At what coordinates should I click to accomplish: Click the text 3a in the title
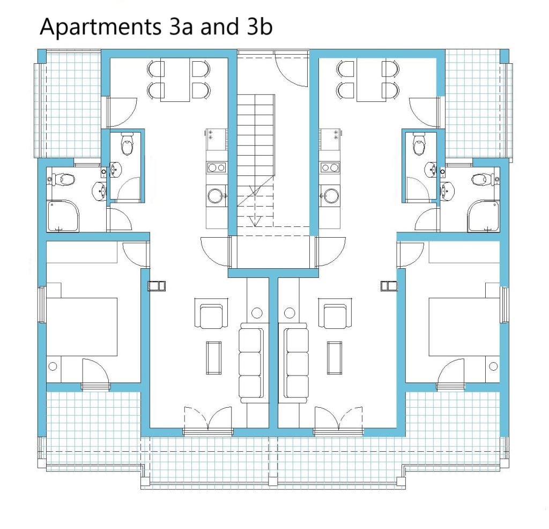click(181, 26)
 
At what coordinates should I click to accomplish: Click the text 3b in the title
click(259, 26)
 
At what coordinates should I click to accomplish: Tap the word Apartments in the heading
click(100, 27)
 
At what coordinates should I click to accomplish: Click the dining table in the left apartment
click(175, 80)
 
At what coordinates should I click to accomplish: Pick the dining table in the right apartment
click(371, 80)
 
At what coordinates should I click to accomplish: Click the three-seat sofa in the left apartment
click(250, 363)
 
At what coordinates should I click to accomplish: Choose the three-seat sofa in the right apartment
click(296, 363)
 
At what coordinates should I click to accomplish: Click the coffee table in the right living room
click(335, 358)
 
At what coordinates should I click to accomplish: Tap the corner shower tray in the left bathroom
click(63, 217)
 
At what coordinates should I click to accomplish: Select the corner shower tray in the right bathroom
click(483, 217)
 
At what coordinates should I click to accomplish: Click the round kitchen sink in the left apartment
click(214, 196)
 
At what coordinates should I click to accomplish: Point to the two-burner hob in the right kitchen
click(329, 167)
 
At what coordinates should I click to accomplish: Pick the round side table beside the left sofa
click(257, 312)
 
